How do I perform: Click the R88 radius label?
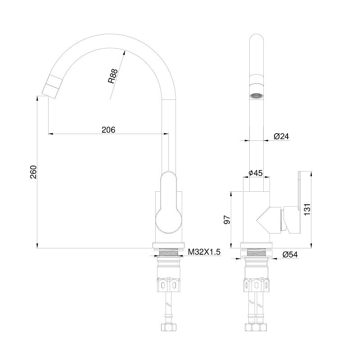tap(113, 76)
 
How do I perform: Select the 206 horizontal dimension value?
tap(108, 130)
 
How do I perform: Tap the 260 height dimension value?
tap(33, 172)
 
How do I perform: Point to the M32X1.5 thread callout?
tap(204, 252)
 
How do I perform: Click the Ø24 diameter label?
tap(281, 136)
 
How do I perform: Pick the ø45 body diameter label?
tap(256, 173)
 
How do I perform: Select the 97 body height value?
tap(227, 220)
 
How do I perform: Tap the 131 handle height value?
tap(307, 209)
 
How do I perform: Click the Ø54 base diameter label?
tap(290, 255)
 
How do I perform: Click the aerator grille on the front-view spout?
tap(256, 96)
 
